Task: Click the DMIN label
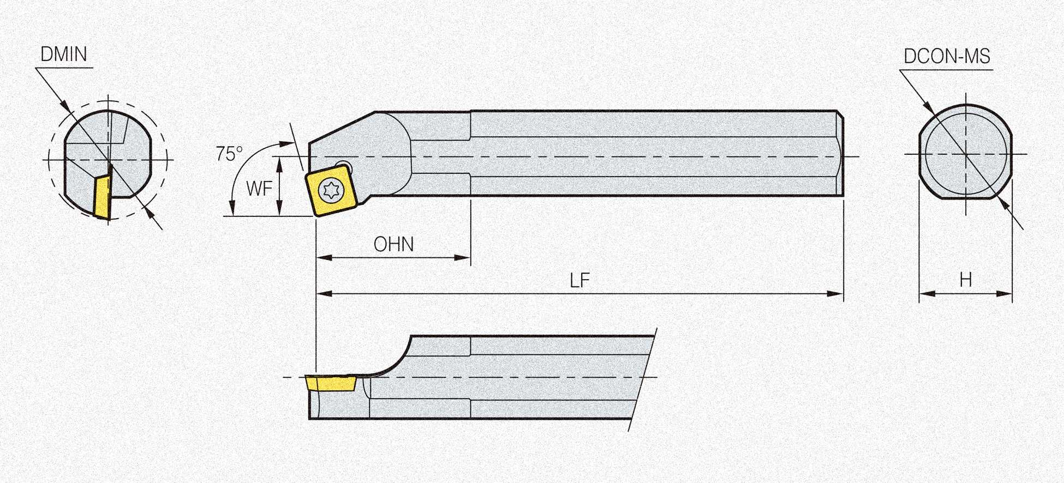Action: [64, 55]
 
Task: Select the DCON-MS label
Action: [947, 56]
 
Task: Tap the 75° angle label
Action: [229, 154]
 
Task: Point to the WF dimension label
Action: [259, 189]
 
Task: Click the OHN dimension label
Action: [393, 244]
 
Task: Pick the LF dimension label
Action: [579, 281]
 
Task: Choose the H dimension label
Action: [965, 280]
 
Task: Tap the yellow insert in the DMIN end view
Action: [102, 197]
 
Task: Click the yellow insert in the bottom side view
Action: [331, 384]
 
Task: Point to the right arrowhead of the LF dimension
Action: [836, 293]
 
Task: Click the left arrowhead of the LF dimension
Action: [325, 293]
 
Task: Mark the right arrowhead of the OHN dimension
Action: [462, 257]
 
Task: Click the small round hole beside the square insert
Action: [344, 166]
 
